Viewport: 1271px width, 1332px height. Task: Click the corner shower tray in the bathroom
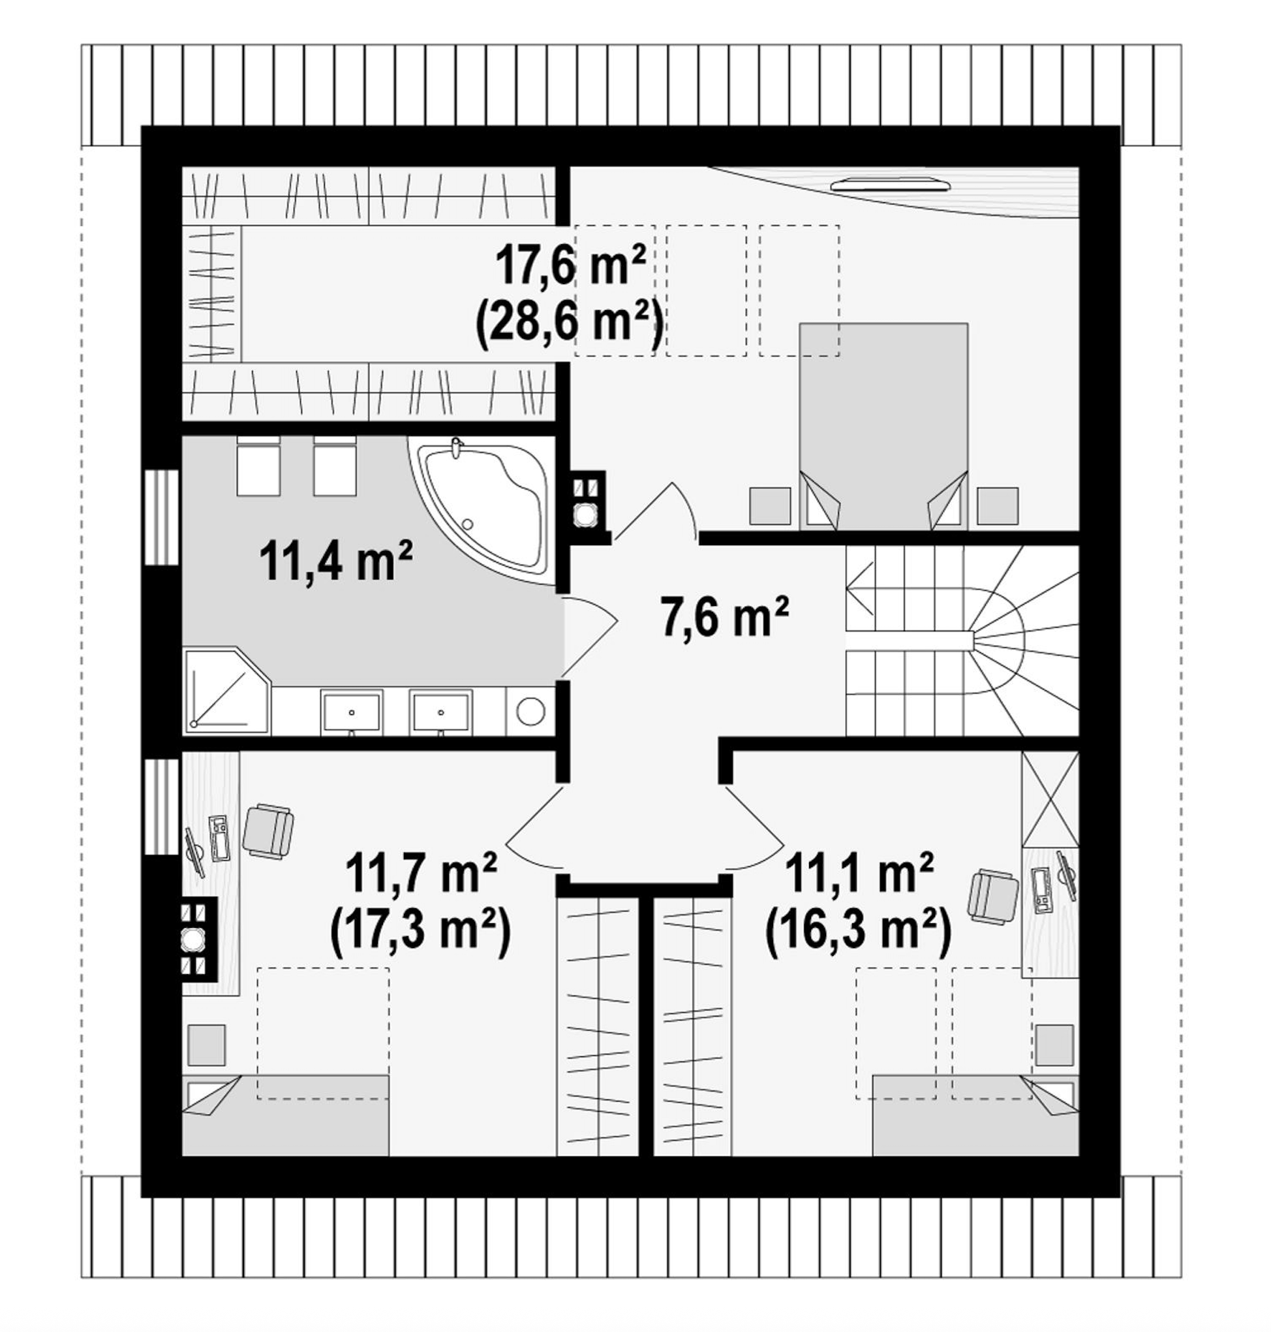[227, 690]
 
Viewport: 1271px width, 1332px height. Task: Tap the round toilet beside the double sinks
[530, 711]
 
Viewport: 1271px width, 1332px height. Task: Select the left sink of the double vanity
[352, 712]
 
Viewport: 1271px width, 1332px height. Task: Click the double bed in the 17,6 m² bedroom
[883, 425]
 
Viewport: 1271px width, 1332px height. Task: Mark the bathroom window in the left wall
[162, 516]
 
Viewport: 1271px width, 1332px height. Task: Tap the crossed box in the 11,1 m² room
[1050, 799]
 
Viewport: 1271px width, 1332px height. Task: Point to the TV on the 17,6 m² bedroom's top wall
[891, 183]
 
